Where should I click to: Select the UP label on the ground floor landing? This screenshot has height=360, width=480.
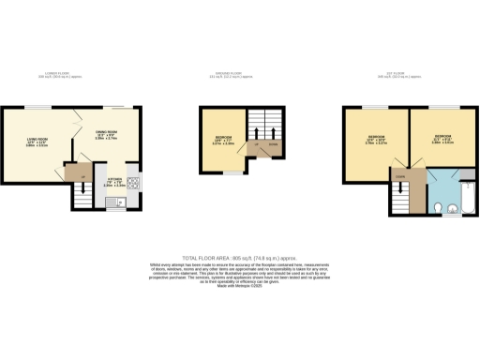coord(255,145)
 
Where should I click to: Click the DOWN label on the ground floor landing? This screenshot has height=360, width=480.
coord(273,145)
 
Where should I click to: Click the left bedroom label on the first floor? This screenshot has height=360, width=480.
coord(374,139)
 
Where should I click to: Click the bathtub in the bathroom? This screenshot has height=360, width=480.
coord(472,197)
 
